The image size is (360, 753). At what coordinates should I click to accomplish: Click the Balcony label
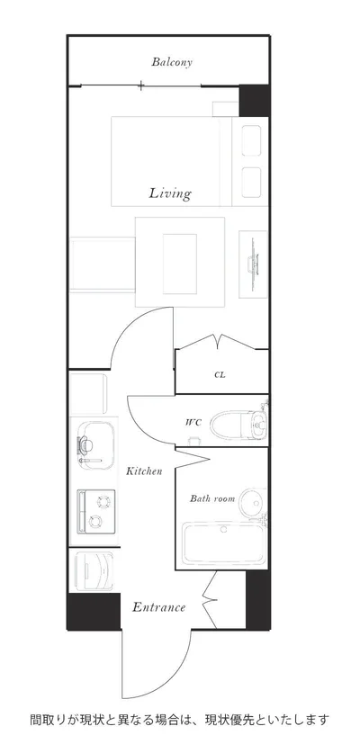(172, 62)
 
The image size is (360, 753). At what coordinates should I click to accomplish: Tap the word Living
(170, 193)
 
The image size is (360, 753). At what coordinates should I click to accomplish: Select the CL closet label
(220, 375)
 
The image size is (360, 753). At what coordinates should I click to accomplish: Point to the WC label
(193, 423)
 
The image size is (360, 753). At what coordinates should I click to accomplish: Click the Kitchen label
(144, 471)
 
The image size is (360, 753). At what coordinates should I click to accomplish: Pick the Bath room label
(212, 498)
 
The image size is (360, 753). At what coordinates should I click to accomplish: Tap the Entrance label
(158, 607)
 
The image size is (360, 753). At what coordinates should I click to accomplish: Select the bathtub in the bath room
(224, 542)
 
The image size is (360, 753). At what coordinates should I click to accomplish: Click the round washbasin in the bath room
(253, 503)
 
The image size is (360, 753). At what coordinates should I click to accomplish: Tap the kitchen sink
(95, 444)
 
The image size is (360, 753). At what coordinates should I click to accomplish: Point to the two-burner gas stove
(96, 511)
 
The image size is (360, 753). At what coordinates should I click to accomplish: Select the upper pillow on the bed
(251, 140)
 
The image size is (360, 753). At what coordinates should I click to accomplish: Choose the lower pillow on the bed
(251, 182)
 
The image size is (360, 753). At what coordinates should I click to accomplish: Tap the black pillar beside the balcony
(254, 101)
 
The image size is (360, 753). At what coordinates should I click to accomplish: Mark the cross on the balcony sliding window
(140, 86)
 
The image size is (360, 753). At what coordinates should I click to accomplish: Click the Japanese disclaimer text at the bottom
(179, 721)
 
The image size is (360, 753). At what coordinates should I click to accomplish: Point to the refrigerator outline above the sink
(89, 394)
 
